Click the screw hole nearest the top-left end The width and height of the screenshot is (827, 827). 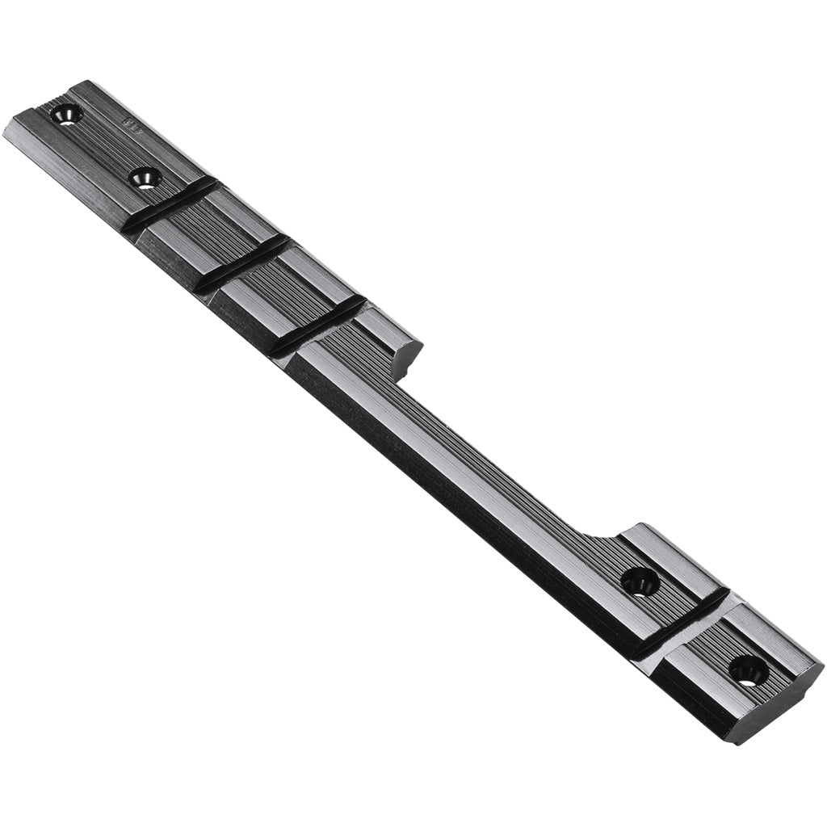[66, 115]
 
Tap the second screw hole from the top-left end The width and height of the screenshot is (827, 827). [145, 178]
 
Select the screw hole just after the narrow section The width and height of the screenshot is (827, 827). [640, 581]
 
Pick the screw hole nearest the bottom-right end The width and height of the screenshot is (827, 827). [748, 670]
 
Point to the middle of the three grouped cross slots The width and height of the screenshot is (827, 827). [242, 262]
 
